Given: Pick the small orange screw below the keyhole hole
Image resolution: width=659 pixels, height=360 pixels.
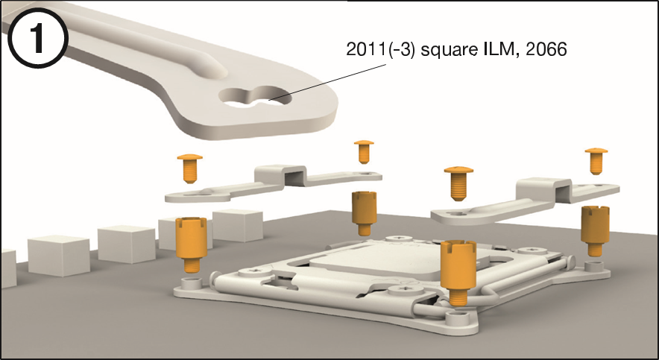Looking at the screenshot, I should pos(364,151).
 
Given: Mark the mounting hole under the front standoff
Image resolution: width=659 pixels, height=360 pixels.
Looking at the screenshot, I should pos(455,317).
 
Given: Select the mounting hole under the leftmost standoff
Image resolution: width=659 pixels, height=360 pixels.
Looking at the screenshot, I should pos(189,283).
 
